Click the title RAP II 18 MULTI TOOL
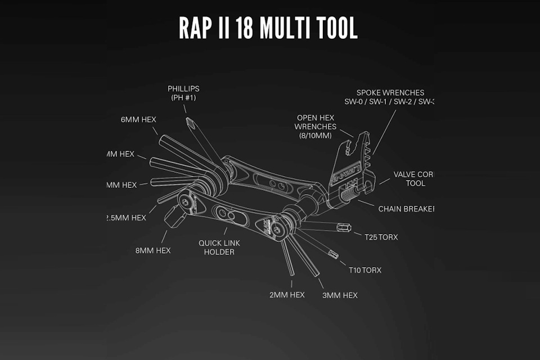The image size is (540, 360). (x=268, y=28)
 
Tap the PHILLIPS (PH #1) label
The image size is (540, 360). (x=183, y=93)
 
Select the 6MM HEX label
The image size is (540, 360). (x=138, y=119)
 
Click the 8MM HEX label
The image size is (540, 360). (x=152, y=250)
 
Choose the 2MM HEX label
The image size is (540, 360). (x=287, y=295)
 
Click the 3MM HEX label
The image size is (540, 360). (x=339, y=295)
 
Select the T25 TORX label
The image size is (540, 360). (x=381, y=237)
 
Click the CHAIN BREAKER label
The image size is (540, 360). (x=406, y=209)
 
